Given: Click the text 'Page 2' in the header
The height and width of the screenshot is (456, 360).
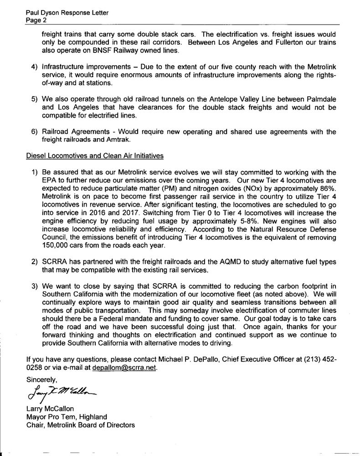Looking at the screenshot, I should (x=36, y=21).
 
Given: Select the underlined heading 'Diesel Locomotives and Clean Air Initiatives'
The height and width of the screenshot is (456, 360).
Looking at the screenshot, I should (x=94, y=155).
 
